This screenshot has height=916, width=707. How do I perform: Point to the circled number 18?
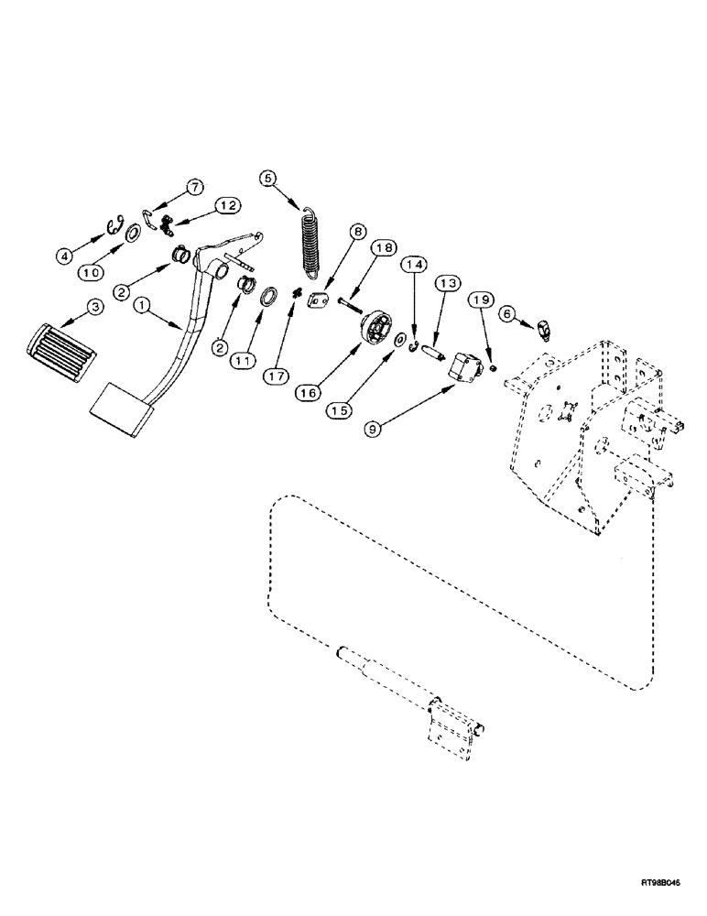coord(385,249)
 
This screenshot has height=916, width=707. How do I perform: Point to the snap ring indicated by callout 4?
coord(116,226)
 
